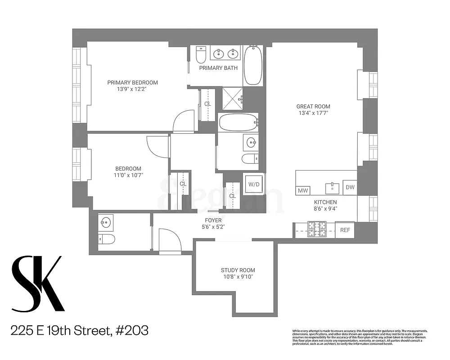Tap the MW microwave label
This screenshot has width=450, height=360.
point(302,191)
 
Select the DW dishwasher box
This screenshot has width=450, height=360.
point(350,187)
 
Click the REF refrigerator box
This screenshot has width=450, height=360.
point(345,230)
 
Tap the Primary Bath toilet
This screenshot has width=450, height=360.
point(202,55)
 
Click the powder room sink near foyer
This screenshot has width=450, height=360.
point(107,221)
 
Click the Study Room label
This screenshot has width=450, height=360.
point(238,270)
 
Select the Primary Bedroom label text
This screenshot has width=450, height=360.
point(132,82)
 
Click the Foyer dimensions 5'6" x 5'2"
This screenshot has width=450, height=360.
point(213,227)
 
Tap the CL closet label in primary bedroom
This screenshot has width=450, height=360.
point(207,104)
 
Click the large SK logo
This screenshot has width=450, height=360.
point(37,283)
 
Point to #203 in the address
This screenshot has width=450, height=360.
point(131,331)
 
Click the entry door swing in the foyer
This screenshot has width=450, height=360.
point(170,241)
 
